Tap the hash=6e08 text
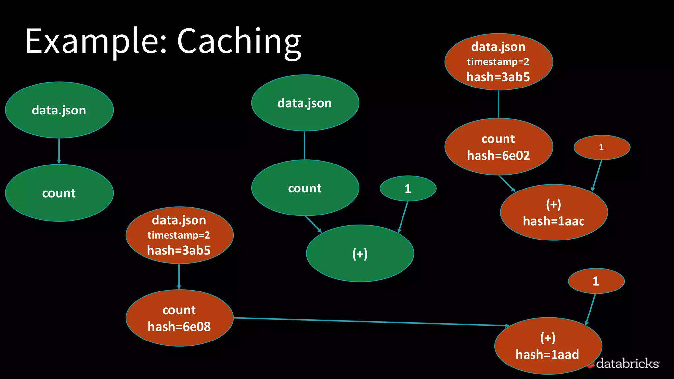click(x=179, y=327)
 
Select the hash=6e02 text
click(x=498, y=156)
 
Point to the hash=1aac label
click(x=554, y=221)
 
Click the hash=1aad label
click(x=547, y=355)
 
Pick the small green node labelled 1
click(x=408, y=189)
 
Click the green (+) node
click(x=360, y=254)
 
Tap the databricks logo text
click(x=627, y=364)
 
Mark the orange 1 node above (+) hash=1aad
click(x=596, y=281)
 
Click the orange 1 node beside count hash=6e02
click(x=602, y=147)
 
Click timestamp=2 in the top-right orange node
click(x=498, y=62)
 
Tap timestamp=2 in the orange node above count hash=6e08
click(x=179, y=235)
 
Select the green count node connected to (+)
click(x=305, y=188)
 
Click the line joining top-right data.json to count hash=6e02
click(x=499, y=104)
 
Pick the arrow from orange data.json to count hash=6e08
click(x=179, y=276)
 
